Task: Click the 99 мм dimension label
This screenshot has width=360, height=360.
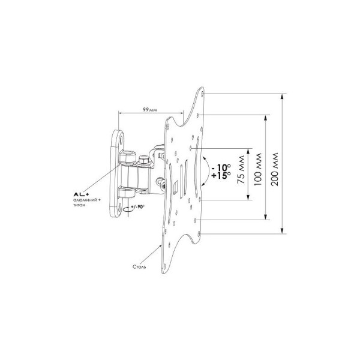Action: (150, 110)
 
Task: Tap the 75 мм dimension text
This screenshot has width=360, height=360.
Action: (241, 170)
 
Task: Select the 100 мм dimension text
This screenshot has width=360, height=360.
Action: (258, 170)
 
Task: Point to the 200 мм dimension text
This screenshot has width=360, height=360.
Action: (275, 169)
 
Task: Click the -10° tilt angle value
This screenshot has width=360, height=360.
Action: (221, 167)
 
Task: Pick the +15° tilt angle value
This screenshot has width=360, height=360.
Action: (221, 175)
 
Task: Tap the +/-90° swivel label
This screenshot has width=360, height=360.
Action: (137, 206)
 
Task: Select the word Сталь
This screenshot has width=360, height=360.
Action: (139, 267)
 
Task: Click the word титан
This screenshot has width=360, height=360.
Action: (78, 205)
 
